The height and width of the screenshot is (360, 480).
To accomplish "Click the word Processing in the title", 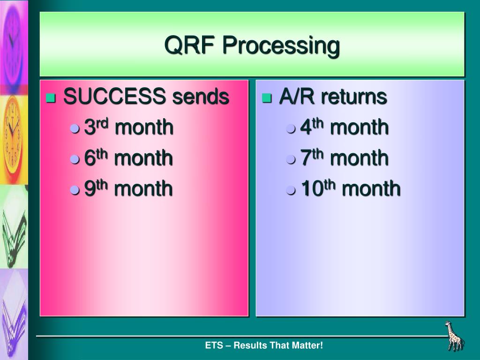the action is tap(281, 46).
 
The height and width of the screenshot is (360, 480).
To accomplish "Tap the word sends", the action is tap(201, 96).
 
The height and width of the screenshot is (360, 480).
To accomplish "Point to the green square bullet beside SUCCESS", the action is tap(51, 98).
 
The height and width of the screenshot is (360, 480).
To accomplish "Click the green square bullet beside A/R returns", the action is tap(267, 98).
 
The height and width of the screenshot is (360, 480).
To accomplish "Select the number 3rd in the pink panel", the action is tap(96, 127).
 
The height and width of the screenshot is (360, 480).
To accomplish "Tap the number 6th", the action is tap(96, 157).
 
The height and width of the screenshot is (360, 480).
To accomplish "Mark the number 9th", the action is tap(96, 188).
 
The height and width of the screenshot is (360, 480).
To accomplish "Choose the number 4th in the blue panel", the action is tap(312, 127).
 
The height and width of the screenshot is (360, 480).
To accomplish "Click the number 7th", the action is tap(312, 157).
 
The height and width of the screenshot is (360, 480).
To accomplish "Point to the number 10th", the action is tap(318, 188).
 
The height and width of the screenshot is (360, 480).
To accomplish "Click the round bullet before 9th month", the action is tap(75, 190).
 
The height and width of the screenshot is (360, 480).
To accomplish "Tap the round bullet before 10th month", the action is tap(291, 190).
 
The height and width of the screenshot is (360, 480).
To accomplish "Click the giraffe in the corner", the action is tap(454, 336).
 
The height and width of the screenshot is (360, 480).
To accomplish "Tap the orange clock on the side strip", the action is tap(13, 138).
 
